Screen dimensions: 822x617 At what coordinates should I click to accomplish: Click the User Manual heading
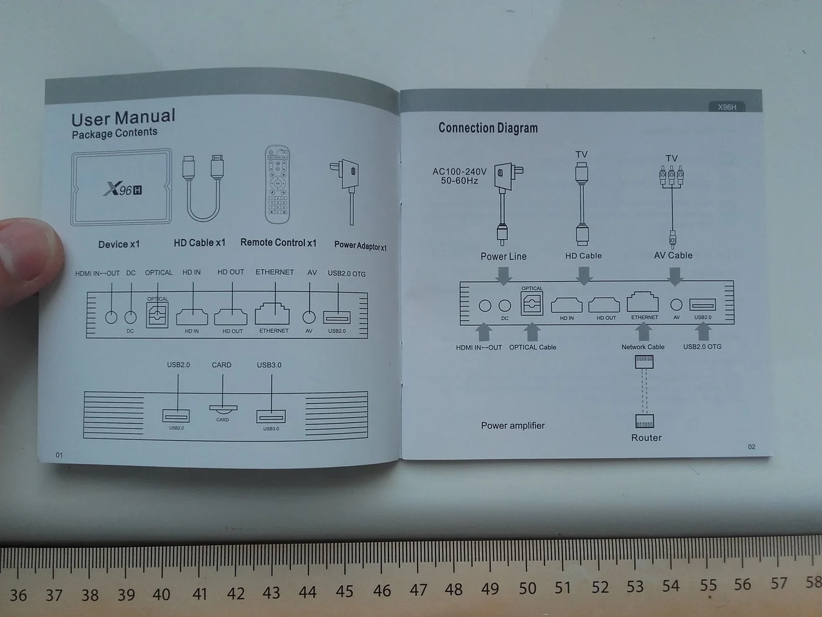[x=123, y=118]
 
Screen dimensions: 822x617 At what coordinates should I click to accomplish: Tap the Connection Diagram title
[x=488, y=128]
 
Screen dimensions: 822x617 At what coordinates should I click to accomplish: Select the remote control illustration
[x=277, y=184]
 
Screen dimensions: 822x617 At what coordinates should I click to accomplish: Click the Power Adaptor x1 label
[x=360, y=246]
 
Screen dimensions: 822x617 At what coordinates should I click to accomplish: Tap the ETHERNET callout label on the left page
[x=275, y=273]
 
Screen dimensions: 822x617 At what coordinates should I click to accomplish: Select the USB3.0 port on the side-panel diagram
[x=270, y=416]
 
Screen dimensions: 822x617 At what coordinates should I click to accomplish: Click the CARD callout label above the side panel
[x=222, y=365]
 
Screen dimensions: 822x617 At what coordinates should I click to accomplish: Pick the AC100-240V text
[x=460, y=172]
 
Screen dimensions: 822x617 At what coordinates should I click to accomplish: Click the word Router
[x=646, y=438]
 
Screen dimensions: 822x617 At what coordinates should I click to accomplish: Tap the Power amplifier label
[x=512, y=425]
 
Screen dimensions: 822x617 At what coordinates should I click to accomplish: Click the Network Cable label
[x=643, y=347]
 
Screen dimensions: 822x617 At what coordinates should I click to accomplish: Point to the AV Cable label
[x=673, y=255]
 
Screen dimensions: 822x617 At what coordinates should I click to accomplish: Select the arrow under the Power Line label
[x=504, y=275]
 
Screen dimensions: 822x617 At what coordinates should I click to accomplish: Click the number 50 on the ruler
[x=527, y=588]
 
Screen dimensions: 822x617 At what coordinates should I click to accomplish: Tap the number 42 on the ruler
[x=236, y=593]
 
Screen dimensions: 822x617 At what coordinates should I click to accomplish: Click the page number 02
[x=752, y=447]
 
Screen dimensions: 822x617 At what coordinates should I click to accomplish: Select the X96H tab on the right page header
[x=727, y=107]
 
